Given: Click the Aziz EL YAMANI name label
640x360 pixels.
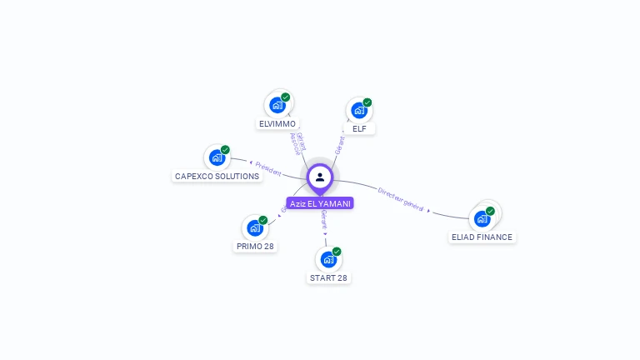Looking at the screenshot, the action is click(320, 203).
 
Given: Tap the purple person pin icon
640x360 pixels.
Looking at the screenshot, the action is click(320, 177).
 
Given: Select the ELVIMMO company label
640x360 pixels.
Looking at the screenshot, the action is click(277, 124).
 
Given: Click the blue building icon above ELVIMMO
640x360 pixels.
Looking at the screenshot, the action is click(277, 106).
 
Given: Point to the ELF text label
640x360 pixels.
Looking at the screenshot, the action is click(359, 128).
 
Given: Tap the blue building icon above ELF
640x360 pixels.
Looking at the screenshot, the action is click(358, 110).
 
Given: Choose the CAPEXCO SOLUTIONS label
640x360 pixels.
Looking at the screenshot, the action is click(217, 176).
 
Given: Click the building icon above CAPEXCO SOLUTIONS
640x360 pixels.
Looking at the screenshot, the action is click(217, 157).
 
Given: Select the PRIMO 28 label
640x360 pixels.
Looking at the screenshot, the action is click(255, 246).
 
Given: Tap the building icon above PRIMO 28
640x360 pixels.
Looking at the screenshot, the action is click(254, 228).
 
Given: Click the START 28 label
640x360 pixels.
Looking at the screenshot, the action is click(328, 277).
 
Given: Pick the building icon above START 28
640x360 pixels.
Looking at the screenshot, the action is click(328, 259).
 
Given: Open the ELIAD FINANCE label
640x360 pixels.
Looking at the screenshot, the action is click(482, 237).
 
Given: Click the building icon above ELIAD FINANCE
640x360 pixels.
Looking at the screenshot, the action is click(482, 219).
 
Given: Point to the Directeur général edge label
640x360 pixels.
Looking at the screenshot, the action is click(401, 199).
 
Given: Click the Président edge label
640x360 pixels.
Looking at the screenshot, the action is click(268, 168).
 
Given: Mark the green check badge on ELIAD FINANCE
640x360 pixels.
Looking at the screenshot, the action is click(490, 211).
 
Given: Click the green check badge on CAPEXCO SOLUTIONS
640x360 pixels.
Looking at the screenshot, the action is click(225, 150).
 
